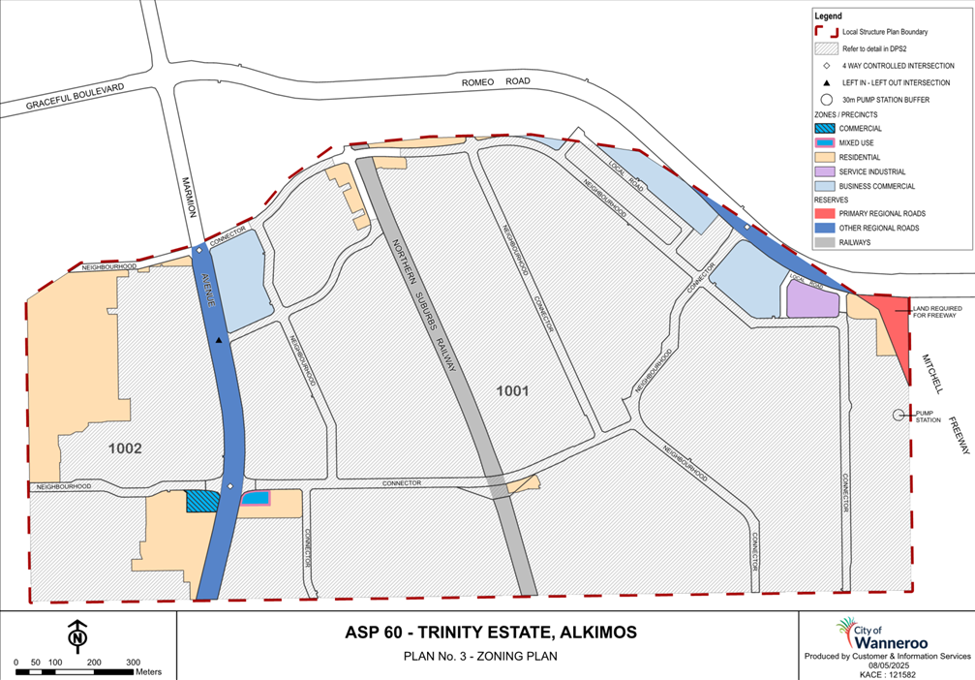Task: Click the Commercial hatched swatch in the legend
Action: point(825,128)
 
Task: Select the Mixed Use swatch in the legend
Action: point(825,142)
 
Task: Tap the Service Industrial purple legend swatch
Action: point(825,171)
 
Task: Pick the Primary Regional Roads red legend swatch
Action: point(825,214)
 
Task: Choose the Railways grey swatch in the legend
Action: point(825,242)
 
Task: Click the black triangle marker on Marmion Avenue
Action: point(220,340)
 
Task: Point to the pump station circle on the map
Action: point(898,416)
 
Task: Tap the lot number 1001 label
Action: point(513,391)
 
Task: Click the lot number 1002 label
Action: point(125,448)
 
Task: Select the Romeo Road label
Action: point(493,83)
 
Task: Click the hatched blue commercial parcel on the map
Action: point(200,501)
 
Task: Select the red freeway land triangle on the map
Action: point(890,325)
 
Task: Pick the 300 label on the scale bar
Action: point(133,663)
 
